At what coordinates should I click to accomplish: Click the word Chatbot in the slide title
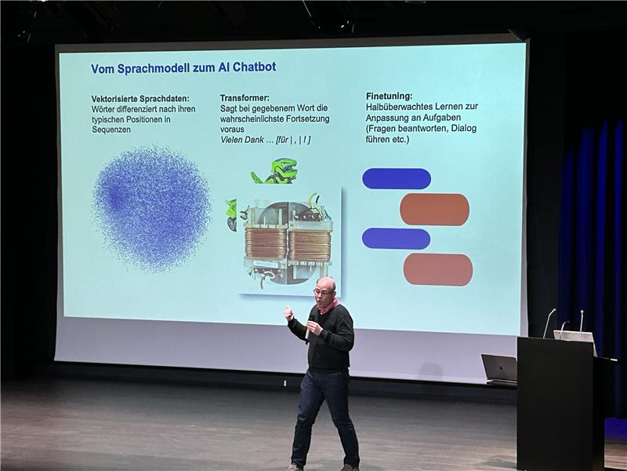click(254, 67)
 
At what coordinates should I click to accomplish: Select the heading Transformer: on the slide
click(245, 97)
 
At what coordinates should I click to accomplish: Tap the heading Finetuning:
click(389, 96)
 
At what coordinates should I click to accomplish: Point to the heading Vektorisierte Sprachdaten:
click(140, 99)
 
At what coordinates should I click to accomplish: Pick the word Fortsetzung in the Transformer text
click(305, 119)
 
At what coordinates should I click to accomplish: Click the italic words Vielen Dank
click(242, 140)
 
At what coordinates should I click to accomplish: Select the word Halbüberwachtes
click(399, 107)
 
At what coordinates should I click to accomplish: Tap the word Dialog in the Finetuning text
click(464, 129)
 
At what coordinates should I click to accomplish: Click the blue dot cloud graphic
click(152, 208)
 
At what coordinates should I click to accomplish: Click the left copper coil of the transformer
click(266, 243)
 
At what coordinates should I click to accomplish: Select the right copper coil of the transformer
click(310, 245)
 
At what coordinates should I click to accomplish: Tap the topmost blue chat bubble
click(397, 179)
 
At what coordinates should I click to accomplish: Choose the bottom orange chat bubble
click(438, 269)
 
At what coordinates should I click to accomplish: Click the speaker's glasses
click(323, 292)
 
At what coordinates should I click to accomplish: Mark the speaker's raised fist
click(288, 312)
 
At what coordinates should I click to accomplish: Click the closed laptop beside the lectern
click(499, 369)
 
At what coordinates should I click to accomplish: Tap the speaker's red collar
click(328, 307)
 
